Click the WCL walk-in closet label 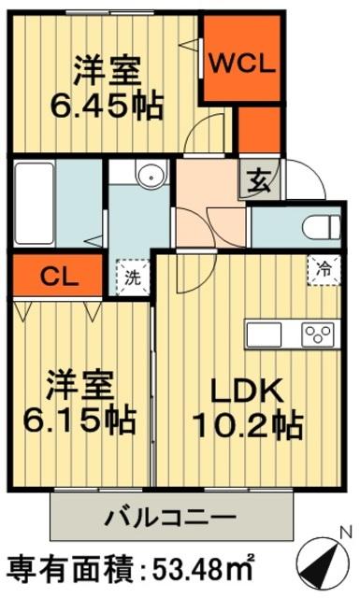pyautogui.click(x=241, y=64)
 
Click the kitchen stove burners pyautogui.click(x=319, y=334)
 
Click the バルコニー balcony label pyautogui.click(x=170, y=515)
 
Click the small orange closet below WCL pyautogui.click(x=258, y=130)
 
